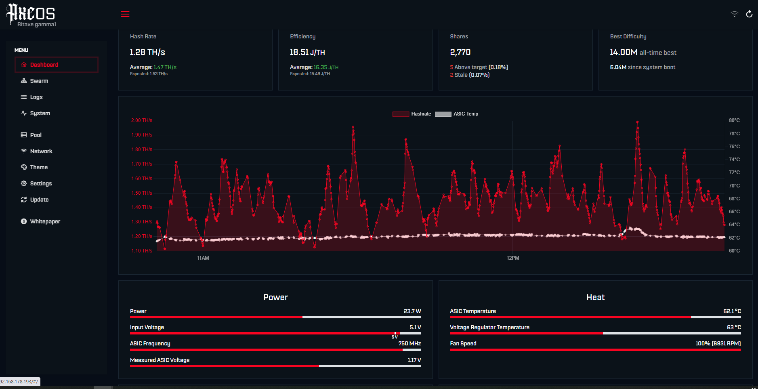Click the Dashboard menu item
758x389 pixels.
click(57, 65)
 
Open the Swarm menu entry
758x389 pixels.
click(35, 81)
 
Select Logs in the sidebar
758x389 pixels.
click(32, 97)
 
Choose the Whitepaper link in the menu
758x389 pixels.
click(41, 221)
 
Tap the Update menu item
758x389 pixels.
click(35, 200)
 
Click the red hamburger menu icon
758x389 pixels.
click(125, 14)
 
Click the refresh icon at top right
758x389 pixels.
click(749, 14)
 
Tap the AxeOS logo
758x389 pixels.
click(31, 15)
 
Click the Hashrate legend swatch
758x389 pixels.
click(401, 114)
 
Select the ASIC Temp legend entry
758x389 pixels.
click(457, 114)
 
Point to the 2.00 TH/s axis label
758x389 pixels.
click(141, 120)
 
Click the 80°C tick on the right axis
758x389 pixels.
click(734, 120)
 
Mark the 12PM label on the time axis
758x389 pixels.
click(513, 258)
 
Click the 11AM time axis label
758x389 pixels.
click(203, 258)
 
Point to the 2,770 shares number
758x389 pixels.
click(460, 52)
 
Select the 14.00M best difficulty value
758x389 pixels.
click(624, 52)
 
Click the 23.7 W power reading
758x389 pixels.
click(412, 311)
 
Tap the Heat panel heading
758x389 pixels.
click(595, 297)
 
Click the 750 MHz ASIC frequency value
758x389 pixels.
click(409, 343)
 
